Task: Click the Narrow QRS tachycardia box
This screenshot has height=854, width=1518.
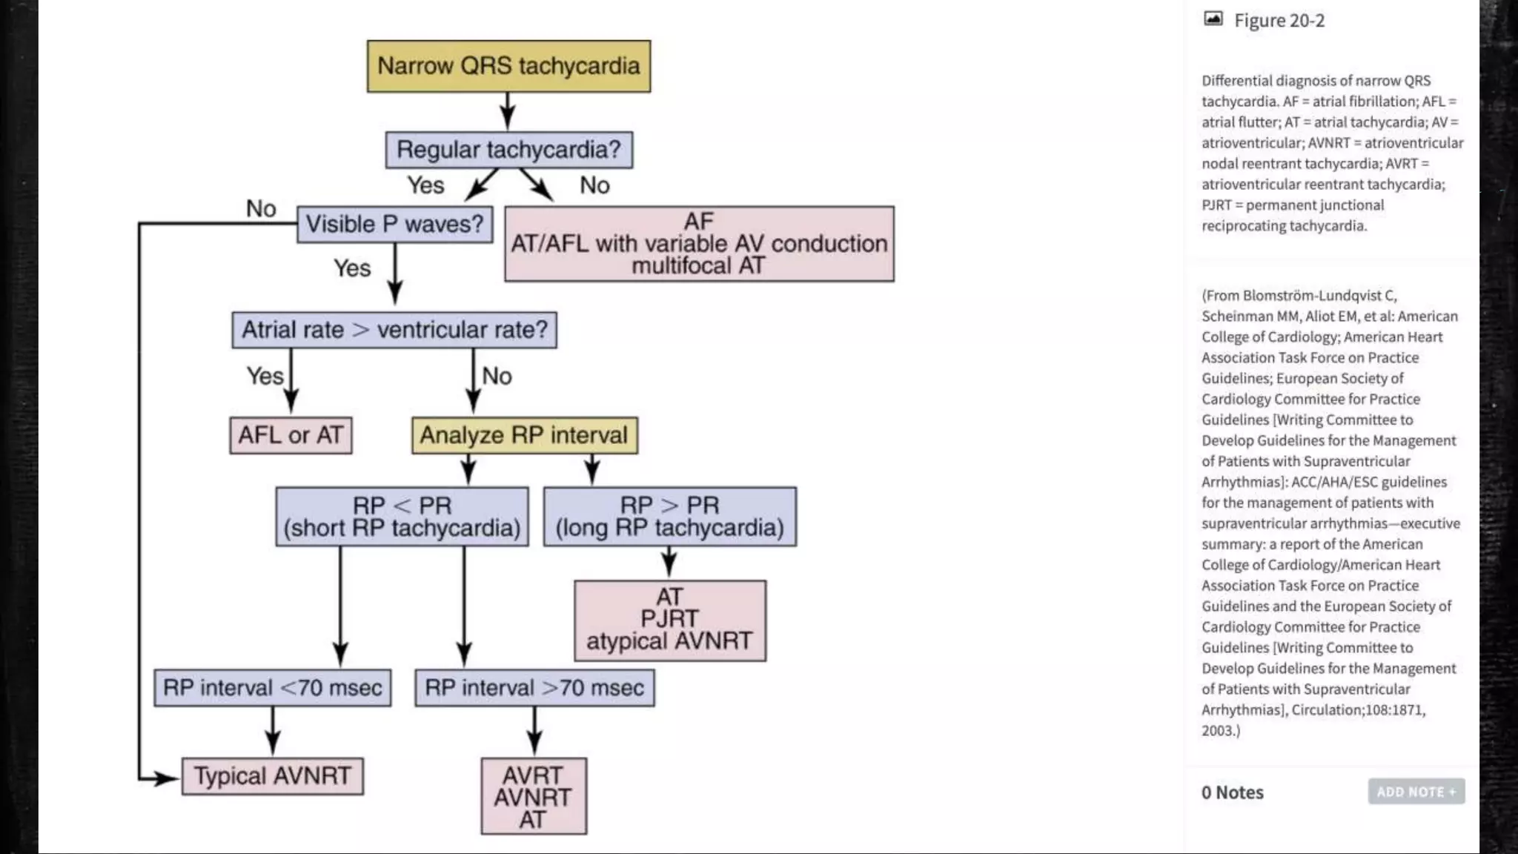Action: click(508, 66)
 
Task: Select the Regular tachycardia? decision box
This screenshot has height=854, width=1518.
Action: click(508, 150)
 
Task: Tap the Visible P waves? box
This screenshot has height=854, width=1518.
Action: click(394, 224)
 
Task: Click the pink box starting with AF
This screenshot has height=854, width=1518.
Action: click(699, 244)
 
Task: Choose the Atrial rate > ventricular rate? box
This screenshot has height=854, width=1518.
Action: click(394, 330)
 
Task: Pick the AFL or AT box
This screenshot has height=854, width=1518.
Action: click(291, 435)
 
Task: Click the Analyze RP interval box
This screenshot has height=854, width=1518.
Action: click(524, 435)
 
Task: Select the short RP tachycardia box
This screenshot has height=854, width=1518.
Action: click(402, 517)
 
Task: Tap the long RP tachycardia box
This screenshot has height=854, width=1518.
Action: click(669, 517)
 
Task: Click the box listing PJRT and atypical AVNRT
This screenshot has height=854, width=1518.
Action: click(669, 620)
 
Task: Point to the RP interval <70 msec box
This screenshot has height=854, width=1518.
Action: click(272, 688)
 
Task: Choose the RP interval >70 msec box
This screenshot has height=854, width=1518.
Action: click(534, 688)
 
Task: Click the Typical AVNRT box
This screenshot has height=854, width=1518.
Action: click(272, 776)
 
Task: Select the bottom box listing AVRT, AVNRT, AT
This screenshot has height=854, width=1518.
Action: click(533, 796)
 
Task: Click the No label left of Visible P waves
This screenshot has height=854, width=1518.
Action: click(261, 209)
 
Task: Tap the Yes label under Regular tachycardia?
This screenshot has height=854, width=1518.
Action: click(425, 185)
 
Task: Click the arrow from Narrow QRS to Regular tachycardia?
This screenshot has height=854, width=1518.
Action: click(508, 111)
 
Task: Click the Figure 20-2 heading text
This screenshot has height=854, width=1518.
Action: click(1279, 21)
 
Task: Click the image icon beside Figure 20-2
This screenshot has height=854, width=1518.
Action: click(1213, 19)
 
